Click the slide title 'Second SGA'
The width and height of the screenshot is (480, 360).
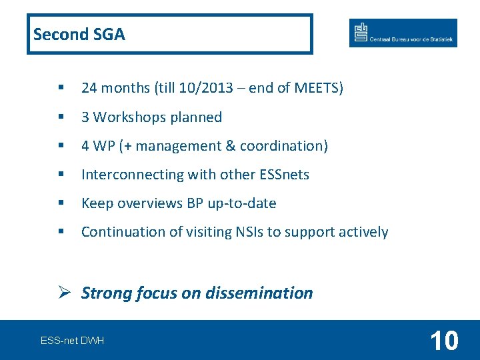[x=79, y=34]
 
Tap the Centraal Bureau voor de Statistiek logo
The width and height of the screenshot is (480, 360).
[x=403, y=33]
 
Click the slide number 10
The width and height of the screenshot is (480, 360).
[x=444, y=341]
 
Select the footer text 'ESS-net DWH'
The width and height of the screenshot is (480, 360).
[x=72, y=341]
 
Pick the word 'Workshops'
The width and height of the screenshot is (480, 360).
[x=129, y=117]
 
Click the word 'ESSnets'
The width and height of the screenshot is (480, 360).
[x=283, y=175]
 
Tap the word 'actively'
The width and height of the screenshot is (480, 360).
[x=363, y=232]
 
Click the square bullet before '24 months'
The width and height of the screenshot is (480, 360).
[x=61, y=88]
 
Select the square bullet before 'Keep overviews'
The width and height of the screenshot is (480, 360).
[x=61, y=203]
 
